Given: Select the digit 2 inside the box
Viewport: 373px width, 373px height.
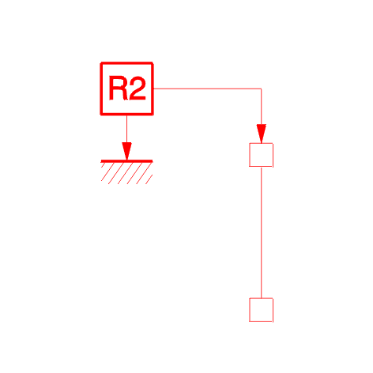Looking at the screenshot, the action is (x=137, y=88).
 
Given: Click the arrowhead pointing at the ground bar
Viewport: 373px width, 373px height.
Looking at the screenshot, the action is (x=126, y=151).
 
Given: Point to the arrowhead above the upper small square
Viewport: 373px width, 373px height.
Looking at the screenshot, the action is (x=262, y=134).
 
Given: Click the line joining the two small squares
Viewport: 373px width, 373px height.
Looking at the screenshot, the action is (x=262, y=232).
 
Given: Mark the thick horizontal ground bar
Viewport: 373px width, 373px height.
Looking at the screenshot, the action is (x=126, y=161).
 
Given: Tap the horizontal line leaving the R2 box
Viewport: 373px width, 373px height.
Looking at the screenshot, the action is (x=207, y=89).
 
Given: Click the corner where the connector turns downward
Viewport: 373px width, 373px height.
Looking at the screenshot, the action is (x=262, y=89).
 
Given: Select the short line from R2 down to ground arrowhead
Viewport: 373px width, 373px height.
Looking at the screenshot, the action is (x=126, y=129).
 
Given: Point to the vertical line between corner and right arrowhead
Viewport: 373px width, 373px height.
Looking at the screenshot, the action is (x=262, y=107).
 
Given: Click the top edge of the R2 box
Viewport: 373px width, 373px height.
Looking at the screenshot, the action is (x=126, y=63).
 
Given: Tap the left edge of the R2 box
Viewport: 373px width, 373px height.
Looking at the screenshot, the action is (x=101, y=89).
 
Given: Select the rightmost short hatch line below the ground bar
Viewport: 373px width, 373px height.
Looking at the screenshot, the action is (x=149, y=179).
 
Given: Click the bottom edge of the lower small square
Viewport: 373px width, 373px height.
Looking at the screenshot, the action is (x=261, y=321).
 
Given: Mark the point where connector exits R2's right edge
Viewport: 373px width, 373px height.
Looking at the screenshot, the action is (x=153, y=89).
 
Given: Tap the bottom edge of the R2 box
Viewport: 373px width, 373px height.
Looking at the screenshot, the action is (x=126, y=115).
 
